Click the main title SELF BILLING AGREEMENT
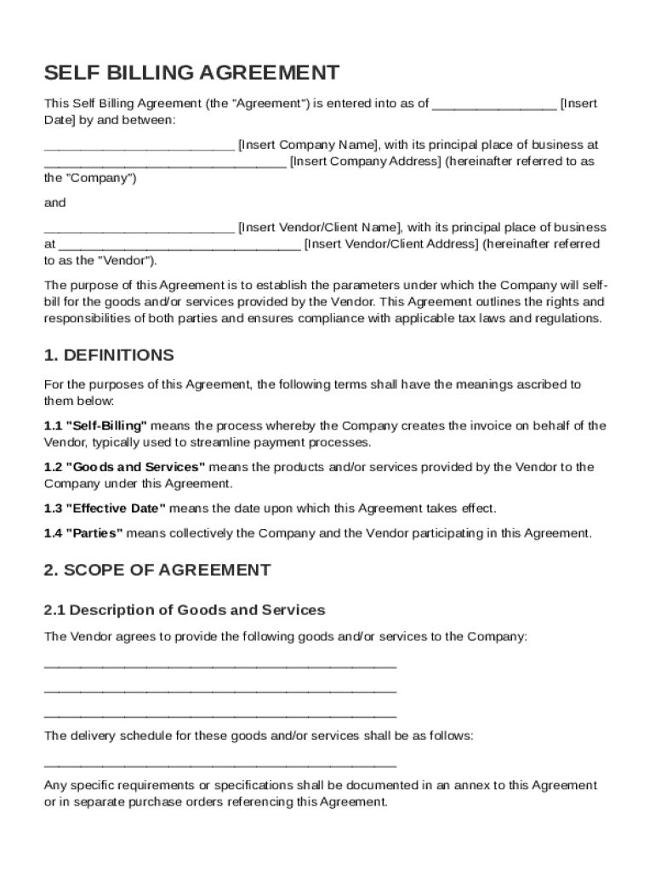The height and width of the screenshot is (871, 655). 191,72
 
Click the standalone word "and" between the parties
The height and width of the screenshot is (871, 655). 54,203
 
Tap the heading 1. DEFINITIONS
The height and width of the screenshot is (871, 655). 109,356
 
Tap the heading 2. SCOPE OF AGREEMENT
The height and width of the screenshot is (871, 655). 157,571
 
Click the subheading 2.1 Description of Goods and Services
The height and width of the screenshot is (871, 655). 185,610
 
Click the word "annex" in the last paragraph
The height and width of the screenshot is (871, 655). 468,785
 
